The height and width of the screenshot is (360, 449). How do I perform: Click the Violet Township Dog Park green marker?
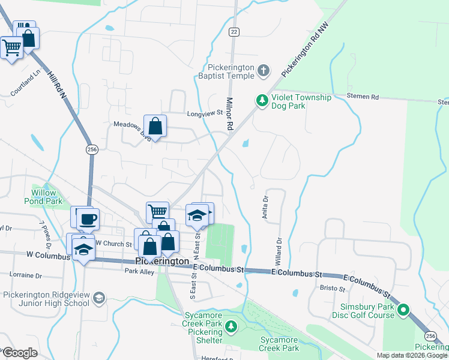pos(262,100)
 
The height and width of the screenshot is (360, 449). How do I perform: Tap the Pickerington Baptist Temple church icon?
pos(263,72)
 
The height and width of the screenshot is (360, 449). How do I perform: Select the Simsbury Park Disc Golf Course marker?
pos(403,310)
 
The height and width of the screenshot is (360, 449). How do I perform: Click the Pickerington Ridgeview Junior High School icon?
pos(99,299)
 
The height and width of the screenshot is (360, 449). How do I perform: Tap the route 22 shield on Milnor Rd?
pos(234,32)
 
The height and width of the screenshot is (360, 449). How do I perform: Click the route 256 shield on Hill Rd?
pos(91,149)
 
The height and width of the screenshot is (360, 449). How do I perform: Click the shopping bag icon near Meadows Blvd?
pos(155,127)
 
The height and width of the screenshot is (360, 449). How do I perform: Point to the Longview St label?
pos(205,113)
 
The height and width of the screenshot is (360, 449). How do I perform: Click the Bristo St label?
pos(333,289)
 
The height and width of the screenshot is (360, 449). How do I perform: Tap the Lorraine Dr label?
pos(26,275)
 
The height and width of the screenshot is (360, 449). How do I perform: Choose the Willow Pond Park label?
pos(43,197)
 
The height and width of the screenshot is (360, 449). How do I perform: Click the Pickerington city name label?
pos(163,261)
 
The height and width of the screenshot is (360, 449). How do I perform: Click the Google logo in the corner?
pos(19,353)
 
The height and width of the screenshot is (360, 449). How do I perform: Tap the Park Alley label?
pos(139,271)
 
